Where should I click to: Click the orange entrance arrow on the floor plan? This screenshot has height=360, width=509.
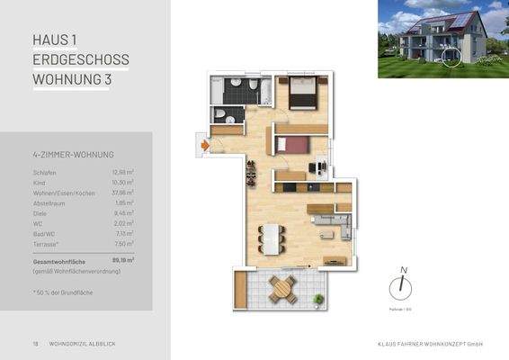[205, 143]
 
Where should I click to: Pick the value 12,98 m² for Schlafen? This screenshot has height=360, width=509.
[122, 172]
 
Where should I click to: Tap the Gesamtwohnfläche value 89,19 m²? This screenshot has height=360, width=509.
[121, 259]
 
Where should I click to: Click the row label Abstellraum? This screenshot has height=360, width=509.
[49, 203]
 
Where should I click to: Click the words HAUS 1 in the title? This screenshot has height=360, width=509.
[61, 40]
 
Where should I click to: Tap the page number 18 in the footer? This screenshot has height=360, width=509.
[35, 344]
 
